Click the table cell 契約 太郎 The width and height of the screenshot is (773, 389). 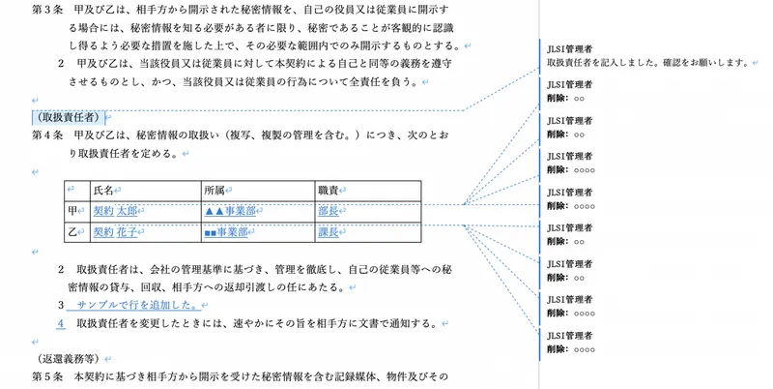pos(147,211)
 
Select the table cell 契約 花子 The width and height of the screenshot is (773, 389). pos(147,232)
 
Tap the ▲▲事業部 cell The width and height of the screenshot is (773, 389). pos(258,211)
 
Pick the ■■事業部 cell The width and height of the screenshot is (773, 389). pos(258,232)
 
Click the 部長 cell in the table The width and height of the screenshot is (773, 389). pos(368,211)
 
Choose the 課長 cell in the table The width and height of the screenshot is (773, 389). pos(368,232)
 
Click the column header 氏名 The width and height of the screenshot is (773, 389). pos(103,191)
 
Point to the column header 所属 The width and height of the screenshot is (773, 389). pos(215,191)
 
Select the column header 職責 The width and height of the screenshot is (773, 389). pos(329,191)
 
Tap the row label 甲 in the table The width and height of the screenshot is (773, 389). pos(72,211)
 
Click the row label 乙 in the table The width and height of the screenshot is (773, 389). pos(72,232)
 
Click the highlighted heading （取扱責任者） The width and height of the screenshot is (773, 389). pos(69,117)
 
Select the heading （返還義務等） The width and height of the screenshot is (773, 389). pos(69,359)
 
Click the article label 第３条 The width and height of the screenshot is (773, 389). pos(47,10)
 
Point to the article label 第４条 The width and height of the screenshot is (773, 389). pos(47,135)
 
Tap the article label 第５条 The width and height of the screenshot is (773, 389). pos(47,376)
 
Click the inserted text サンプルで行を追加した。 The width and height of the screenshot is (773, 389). pos(137,305)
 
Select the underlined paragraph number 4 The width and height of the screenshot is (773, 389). pos(61,324)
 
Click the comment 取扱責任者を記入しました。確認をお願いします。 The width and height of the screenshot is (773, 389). pos(648,63)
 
